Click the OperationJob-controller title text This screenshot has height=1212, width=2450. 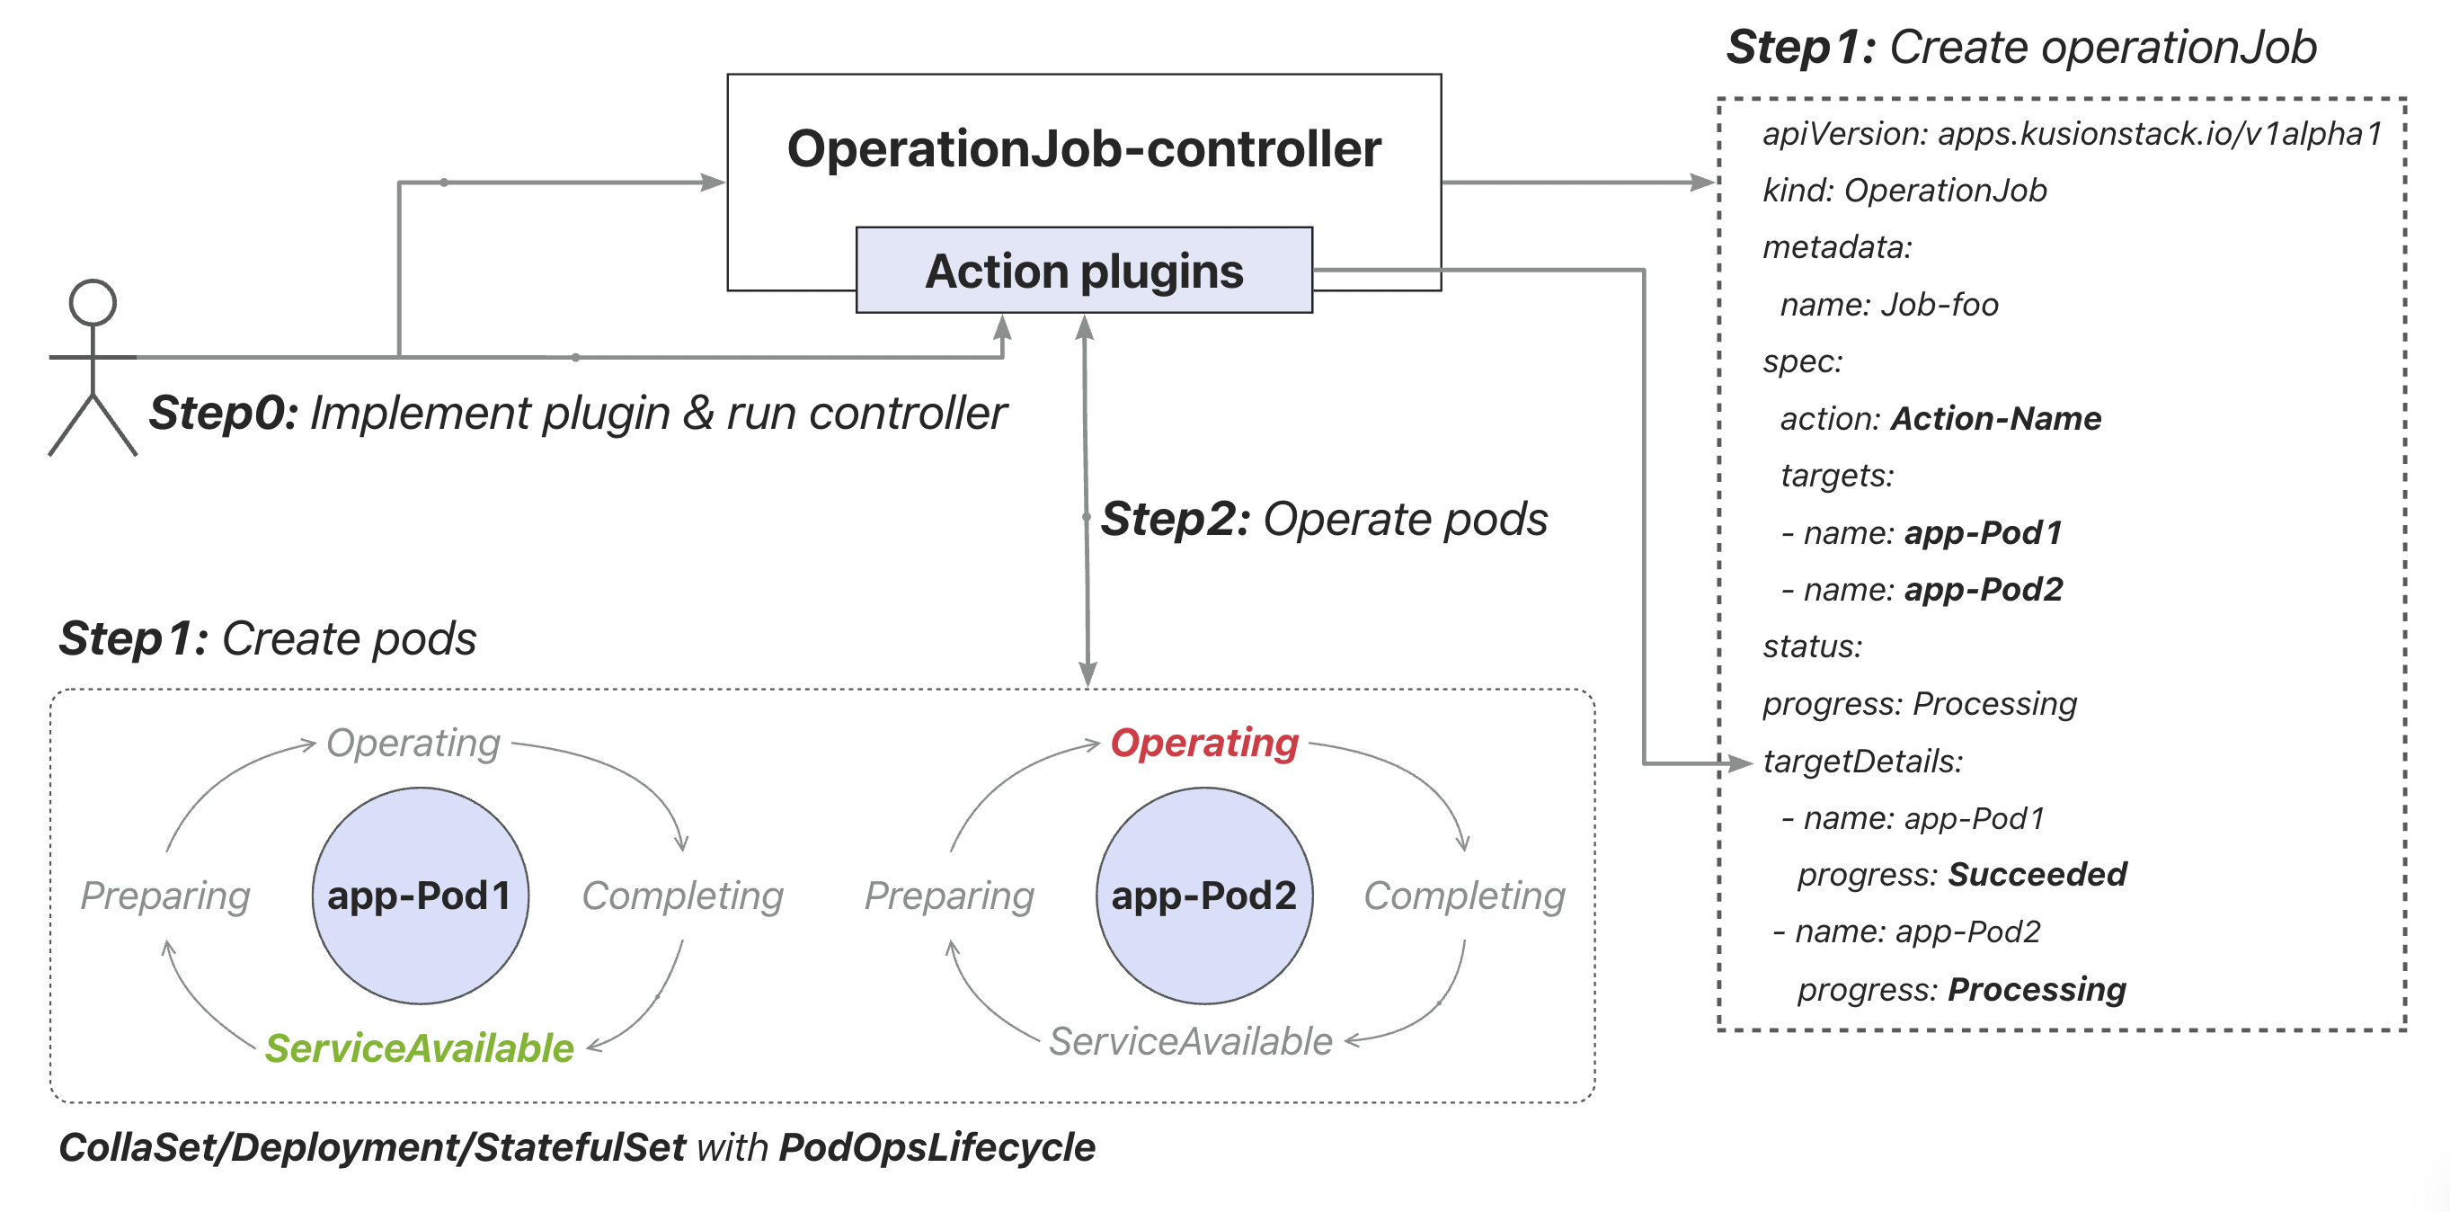pyautogui.click(x=1083, y=149)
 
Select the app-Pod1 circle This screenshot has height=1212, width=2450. pyautogui.click(x=420, y=896)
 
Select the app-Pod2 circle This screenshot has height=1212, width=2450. pyautogui.click(x=1203, y=896)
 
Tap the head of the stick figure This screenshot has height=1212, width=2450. pyautogui.click(x=93, y=302)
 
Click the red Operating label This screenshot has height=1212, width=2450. pyautogui.click(x=1203, y=743)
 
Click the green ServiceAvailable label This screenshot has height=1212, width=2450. pyautogui.click(x=419, y=1048)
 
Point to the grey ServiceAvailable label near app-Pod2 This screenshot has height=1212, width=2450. pyautogui.click(x=1190, y=1042)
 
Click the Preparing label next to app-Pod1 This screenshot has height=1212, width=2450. pyautogui.click(x=164, y=896)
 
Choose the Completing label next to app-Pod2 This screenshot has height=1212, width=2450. pyautogui.click(x=1464, y=896)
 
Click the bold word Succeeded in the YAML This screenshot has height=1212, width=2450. pyautogui.click(x=2037, y=874)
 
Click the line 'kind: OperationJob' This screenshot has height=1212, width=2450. pyautogui.click(x=1904, y=191)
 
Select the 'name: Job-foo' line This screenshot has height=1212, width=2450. pyautogui.click(x=1889, y=305)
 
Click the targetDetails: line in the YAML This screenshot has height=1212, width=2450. pyautogui.click(x=1862, y=761)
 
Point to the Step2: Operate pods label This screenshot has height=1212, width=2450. pyautogui.click(x=1323, y=520)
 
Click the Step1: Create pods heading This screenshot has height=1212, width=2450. pyautogui.click(x=267, y=638)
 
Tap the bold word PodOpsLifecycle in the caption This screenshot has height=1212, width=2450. pyautogui.click(x=937, y=1147)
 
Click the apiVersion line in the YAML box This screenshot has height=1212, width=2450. pyautogui.click(x=2072, y=133)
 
